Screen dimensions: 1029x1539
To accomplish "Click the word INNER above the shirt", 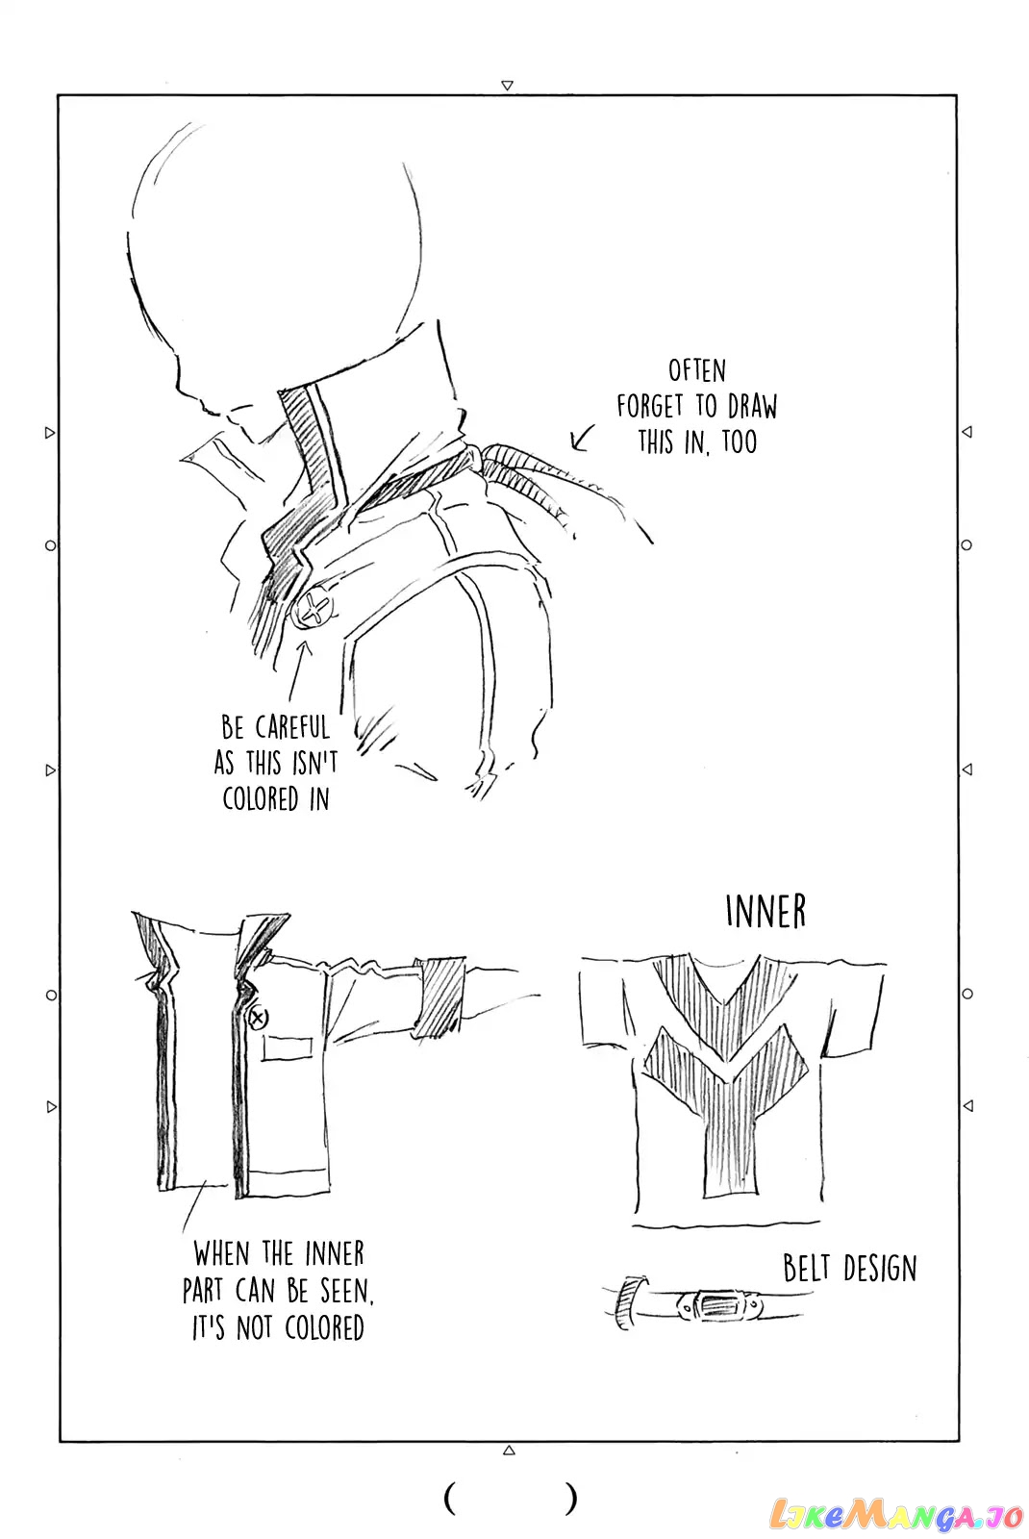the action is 765,912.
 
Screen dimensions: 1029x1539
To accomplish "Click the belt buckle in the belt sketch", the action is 717,1304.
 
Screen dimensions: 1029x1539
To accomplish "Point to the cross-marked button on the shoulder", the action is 314,609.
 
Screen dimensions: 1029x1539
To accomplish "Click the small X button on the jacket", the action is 259,1018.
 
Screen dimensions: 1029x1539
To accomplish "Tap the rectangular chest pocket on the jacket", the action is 288,1047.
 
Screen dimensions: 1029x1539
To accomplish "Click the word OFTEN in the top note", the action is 696,371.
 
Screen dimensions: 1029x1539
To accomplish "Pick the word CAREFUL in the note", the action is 292,727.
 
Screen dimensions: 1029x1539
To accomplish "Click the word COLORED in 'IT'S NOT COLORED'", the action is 324,1328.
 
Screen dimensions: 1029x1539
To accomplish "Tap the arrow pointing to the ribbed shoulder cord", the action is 581,438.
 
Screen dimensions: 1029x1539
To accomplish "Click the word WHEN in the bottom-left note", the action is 221,1253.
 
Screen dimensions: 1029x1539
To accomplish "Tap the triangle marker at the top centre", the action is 507,86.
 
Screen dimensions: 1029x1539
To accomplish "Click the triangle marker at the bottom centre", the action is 509,1451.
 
